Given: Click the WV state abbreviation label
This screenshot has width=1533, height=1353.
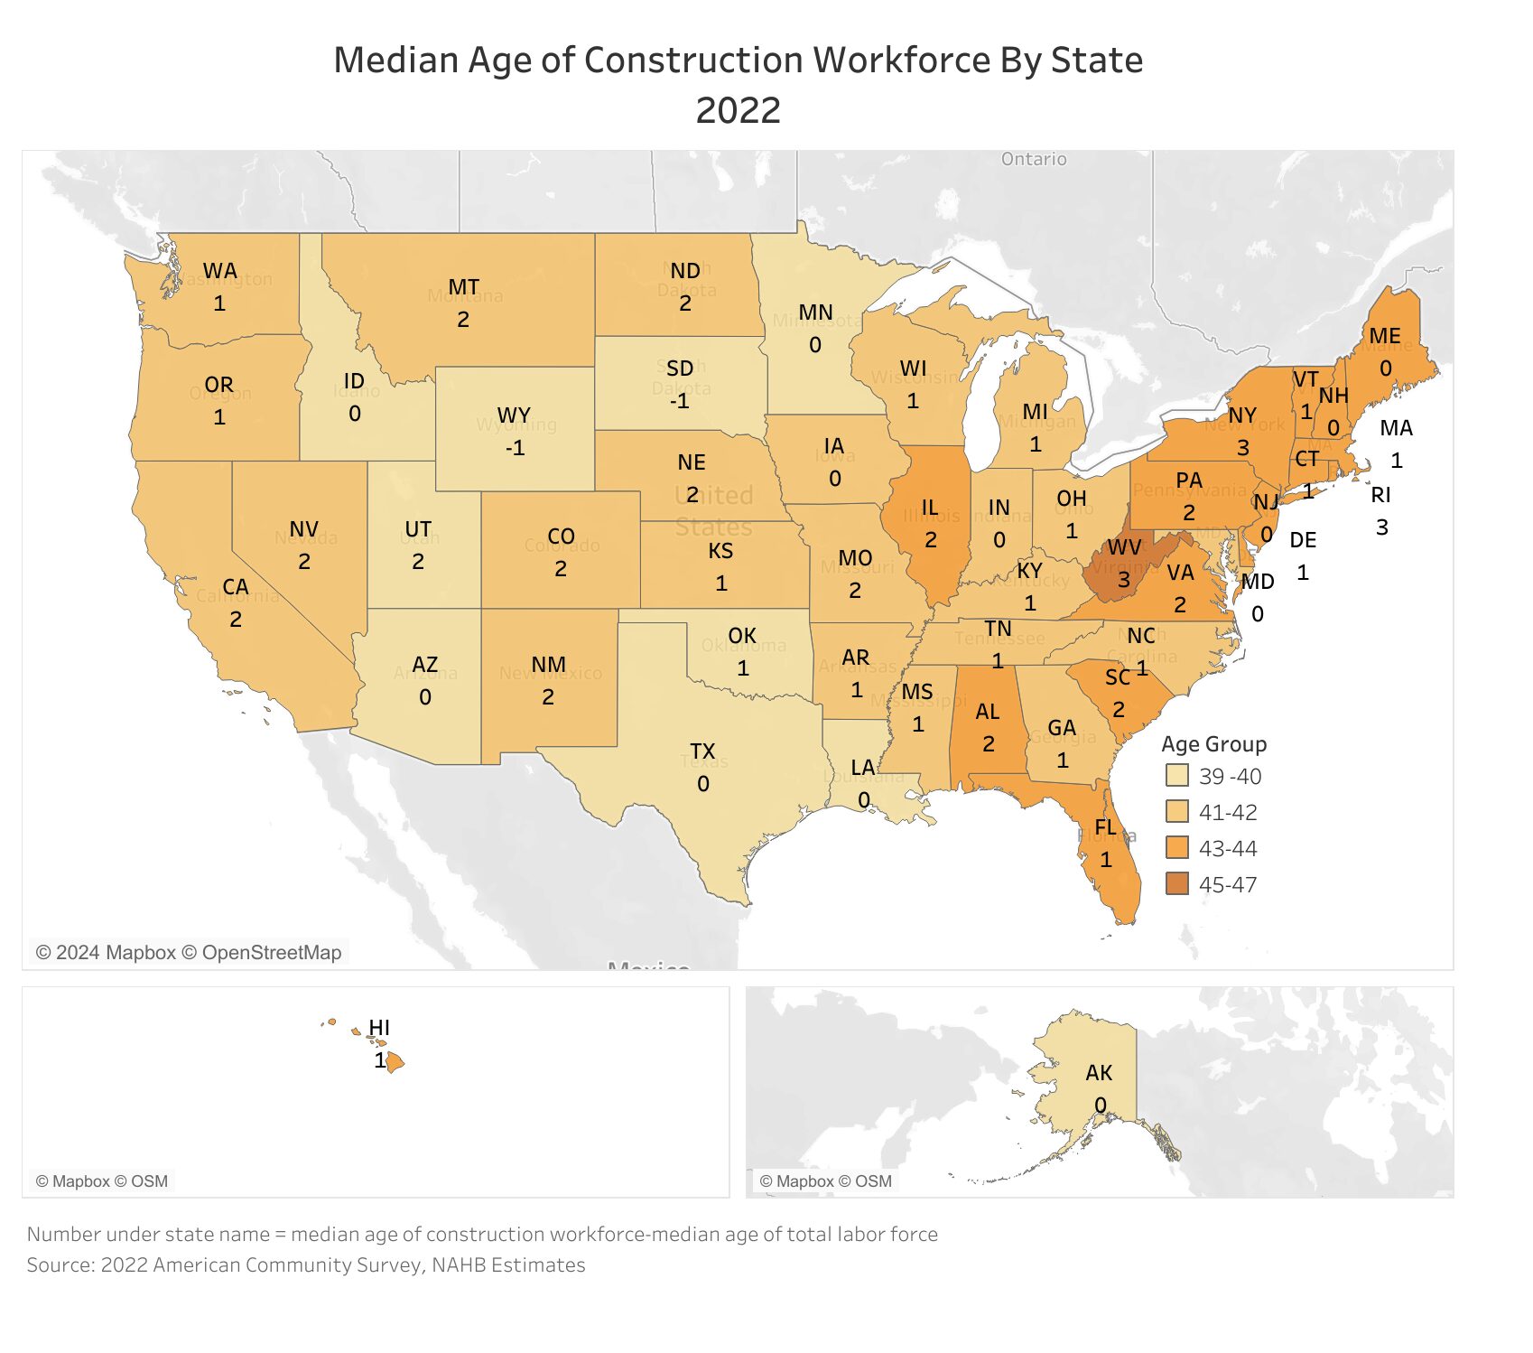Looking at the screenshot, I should coord(1124,547).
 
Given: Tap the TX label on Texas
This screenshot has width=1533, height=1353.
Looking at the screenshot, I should coord(702,751).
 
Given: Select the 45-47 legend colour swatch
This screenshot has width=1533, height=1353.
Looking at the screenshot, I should coord(1176,884).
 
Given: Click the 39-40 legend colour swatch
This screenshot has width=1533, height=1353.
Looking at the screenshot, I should coord(1176,776).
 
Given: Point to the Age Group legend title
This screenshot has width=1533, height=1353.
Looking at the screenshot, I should coord(1213,744).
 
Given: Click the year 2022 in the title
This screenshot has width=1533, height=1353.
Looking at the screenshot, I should coord(738,110).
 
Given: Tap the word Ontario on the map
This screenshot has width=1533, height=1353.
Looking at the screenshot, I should coord(1034,159).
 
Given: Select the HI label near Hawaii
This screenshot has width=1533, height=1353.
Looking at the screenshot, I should coord(379,1028).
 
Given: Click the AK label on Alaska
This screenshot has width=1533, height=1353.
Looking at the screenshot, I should coord(1099,1073).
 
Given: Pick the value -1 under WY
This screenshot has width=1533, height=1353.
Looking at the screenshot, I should coord(515,448).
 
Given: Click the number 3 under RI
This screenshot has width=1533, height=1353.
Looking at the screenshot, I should coord(1381,527).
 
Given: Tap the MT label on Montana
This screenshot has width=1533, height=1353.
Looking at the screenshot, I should coord(463,287).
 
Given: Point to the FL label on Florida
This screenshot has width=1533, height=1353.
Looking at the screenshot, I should coord(1105,827).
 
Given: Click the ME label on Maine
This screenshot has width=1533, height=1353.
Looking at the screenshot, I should coord(1384,336).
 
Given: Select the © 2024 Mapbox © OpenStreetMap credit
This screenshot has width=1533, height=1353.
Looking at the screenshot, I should coord(189,953).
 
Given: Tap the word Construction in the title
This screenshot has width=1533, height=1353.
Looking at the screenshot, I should coord(692,61).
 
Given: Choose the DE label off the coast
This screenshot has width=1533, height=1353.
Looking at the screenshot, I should coord(1303,540).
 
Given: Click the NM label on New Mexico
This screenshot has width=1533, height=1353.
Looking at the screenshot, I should coord(548,665).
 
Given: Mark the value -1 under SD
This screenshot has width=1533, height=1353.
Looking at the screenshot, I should coord(679,401).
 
